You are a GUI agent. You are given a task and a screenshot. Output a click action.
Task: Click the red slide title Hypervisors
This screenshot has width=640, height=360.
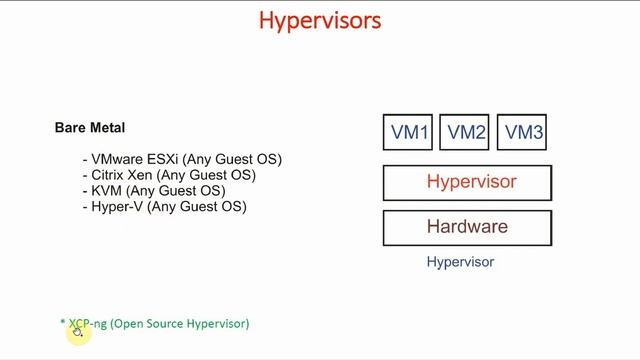319,20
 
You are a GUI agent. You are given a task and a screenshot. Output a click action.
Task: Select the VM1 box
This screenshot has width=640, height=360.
409,132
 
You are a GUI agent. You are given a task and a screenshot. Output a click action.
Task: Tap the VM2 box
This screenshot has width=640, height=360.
466,132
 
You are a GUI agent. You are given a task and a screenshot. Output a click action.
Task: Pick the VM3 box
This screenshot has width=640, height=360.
523,132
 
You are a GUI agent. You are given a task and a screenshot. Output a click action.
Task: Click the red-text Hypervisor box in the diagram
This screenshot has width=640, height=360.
467,182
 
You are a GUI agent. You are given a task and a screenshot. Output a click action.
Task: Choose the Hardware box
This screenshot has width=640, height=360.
467,227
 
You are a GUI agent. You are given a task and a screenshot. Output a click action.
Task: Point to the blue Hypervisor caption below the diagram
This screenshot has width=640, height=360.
460,262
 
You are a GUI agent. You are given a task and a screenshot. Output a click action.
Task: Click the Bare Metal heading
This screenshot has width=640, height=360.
89,128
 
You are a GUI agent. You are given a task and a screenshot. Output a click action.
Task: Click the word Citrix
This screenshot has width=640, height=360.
109,175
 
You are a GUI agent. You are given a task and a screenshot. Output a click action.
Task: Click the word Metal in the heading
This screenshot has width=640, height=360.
107,128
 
